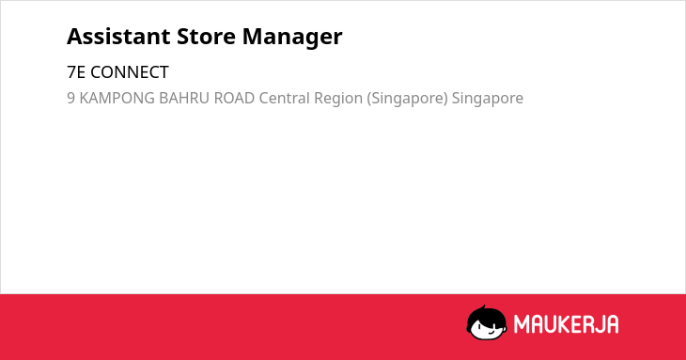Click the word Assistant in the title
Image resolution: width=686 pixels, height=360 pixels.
[x=118, y=37]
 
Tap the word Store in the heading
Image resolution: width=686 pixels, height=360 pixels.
[x=206, y=37]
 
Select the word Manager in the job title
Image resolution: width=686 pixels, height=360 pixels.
[x=292, y=39]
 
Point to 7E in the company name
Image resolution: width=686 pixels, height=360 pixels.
[x=76, y=72]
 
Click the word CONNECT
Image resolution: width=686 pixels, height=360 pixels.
[x=130, y=72]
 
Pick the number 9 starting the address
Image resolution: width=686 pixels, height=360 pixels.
[x=70, y=98]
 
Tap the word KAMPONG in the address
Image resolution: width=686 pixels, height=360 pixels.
[x=117, y=98]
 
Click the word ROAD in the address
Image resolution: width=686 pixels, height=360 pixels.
[x=234, y=98]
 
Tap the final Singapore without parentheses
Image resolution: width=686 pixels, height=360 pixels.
[x=488, y=100]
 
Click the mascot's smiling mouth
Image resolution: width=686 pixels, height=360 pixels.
[x=491, y=332]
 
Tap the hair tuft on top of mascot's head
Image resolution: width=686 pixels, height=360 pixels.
[x=483, y=307]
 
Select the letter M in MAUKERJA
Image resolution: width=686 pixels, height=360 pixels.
[x=522, y=324]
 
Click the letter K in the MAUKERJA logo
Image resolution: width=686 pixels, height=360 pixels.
[x=565, y=324]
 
